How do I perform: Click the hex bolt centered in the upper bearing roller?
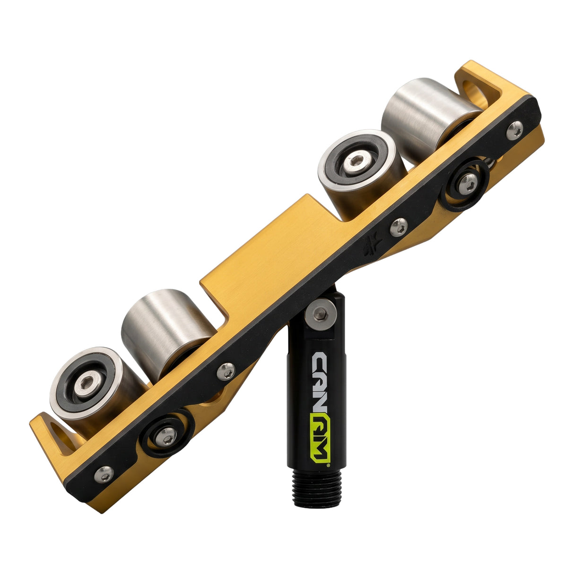pyautogui.click(x=357, y=162)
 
